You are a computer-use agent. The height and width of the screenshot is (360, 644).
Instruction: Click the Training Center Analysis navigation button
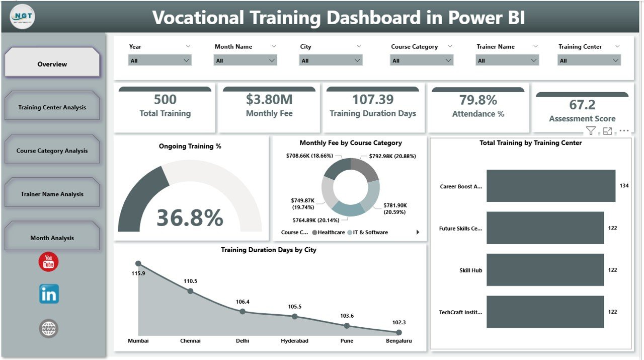[52, 107]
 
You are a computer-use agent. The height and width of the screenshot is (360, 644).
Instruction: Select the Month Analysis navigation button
[52, 238]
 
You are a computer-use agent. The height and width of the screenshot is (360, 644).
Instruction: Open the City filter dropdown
[331, 60]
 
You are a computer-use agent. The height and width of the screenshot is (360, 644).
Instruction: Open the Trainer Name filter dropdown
[507, 60]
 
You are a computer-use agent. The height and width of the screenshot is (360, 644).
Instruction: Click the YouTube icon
[49, 262]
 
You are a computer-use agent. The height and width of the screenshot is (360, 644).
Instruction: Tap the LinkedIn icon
[49, 294]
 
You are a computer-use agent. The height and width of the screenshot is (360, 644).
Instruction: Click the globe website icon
[49, 329]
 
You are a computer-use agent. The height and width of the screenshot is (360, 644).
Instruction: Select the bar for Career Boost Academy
[550, 186]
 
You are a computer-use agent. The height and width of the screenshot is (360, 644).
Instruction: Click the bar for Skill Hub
[544, 270]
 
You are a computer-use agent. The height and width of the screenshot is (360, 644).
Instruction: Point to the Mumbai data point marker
[138, 263]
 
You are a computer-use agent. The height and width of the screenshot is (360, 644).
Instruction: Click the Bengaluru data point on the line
[399, 332]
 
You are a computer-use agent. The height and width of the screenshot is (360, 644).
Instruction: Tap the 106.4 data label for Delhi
[242, 302]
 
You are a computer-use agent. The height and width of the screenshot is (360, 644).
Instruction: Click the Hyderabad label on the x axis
[294, 341]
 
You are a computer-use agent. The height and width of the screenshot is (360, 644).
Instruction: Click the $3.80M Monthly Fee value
[269, 100]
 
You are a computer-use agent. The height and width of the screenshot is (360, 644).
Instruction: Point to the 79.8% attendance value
[478, 100]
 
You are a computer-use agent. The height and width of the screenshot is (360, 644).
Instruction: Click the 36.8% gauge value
[190, 218]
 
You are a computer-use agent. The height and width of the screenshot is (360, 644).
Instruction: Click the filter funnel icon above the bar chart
[591, 131]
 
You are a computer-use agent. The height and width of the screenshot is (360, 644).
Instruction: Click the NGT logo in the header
[22, 17]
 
